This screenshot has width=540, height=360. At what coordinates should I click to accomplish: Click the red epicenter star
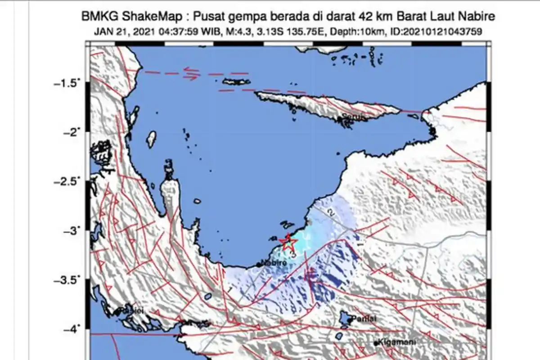pyautogui.click(x=288, y=243)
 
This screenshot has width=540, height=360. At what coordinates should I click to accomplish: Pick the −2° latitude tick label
pyautogui.click(x=71, y=131)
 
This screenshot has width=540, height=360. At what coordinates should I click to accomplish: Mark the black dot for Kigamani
pyautogui.click(x=376, y=343)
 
